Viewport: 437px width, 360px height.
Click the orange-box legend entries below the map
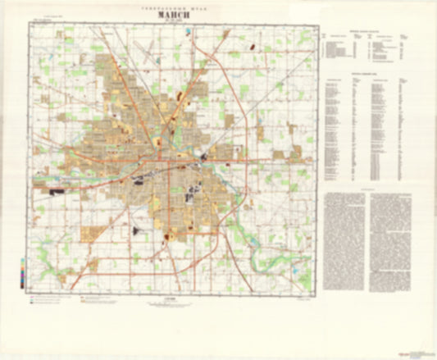102,299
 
